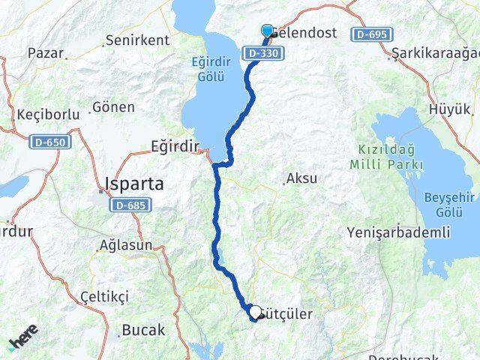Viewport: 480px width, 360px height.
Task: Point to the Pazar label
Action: (44, 53)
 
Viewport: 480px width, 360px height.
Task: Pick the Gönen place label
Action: (112, 107)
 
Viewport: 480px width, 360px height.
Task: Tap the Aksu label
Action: (301, 179)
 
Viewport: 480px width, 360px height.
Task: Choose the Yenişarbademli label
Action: (398, 232)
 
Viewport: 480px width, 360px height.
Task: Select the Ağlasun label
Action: (126, 245)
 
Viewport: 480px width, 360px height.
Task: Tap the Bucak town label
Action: (142, 329)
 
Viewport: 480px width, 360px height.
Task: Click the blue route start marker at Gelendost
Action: (267, 31)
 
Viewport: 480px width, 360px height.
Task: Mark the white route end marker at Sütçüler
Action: (255, 313)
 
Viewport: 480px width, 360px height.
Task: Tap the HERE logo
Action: (24, 339)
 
